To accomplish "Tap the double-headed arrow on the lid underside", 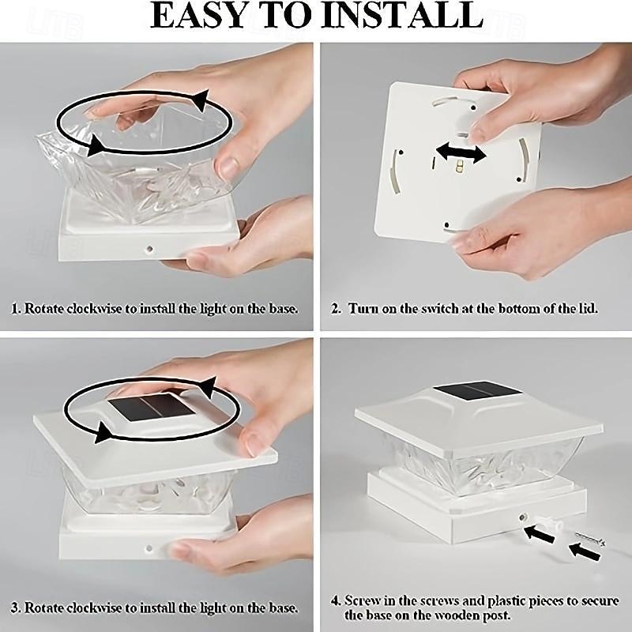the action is pyautogui.click(x=461, y=152).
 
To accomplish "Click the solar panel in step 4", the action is pyautogui.click(x=476, y=391).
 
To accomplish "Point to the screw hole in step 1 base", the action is pyautogui.click(x=150, y=249).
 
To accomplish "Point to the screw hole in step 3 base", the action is pyautogui.click(x=149, y=548).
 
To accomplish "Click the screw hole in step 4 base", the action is pyautogui.click(x=522, y=517).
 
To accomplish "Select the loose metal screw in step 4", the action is pyautogui.click(x=590, y=538).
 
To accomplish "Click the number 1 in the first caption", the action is pyautogui.click(x=15, y=309).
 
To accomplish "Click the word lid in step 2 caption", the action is pyautogui.click(x=587, y=309).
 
